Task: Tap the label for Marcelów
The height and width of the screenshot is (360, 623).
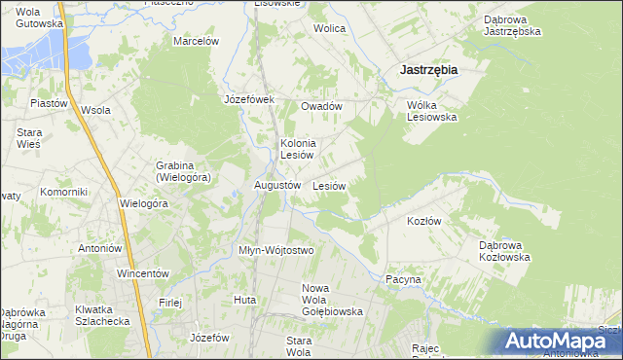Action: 196,41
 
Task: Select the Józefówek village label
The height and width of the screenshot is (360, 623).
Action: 250,99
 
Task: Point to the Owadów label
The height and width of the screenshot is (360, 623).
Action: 321,106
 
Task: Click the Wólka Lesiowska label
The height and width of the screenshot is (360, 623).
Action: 431,110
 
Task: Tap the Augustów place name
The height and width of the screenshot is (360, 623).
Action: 276,185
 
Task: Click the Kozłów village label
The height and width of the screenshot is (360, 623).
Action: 423,221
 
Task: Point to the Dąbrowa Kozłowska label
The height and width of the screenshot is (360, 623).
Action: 504,251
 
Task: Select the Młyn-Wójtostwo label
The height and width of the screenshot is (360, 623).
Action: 276,250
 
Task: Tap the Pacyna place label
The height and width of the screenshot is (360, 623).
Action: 403,279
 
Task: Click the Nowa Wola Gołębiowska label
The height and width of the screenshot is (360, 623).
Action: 332,300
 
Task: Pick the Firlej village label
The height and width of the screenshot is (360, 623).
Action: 171,302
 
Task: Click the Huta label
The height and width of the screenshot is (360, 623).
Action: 244,300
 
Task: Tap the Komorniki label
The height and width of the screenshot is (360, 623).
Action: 64,192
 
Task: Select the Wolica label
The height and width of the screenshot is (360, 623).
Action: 329,28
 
